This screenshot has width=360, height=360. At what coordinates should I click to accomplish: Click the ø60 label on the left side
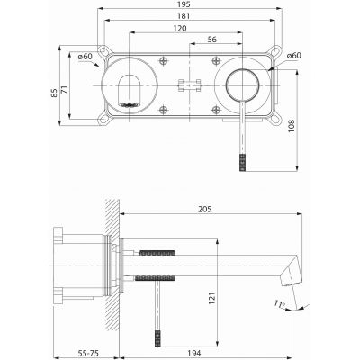pyautogui.click(x=86, y=58)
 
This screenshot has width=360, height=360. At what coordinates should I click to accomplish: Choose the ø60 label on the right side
pyautogui.click(x=293, y=58)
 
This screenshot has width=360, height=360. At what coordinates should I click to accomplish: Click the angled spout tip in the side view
pyautogui.click(x=292, y=268)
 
